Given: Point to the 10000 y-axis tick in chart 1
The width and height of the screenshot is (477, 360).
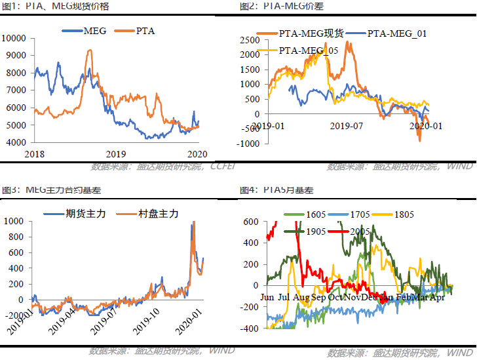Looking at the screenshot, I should tap(14, 38).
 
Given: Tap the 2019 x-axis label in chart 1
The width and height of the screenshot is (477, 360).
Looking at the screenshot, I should tap(115, 153).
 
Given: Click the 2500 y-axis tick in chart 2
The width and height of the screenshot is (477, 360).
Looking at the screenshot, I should tap(250, 40).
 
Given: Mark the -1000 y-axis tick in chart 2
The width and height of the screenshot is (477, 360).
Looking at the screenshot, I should tap(248, 143).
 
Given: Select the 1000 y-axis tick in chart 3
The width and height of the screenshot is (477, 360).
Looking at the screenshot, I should tap(14, 221).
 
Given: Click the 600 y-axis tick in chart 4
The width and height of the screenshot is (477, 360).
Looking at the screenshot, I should tap(251, 222).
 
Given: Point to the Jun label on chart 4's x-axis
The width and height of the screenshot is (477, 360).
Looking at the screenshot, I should tap(267, 298).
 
